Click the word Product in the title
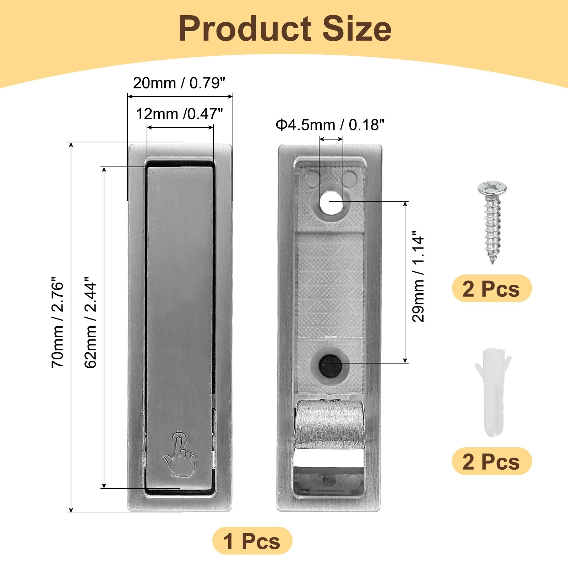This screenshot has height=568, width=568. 245,29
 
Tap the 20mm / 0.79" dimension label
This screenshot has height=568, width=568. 179,83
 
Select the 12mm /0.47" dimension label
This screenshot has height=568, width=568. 179,114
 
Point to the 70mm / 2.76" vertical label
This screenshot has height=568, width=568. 58,322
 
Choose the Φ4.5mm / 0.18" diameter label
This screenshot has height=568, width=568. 330,125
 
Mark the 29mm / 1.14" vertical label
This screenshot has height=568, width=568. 418,277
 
